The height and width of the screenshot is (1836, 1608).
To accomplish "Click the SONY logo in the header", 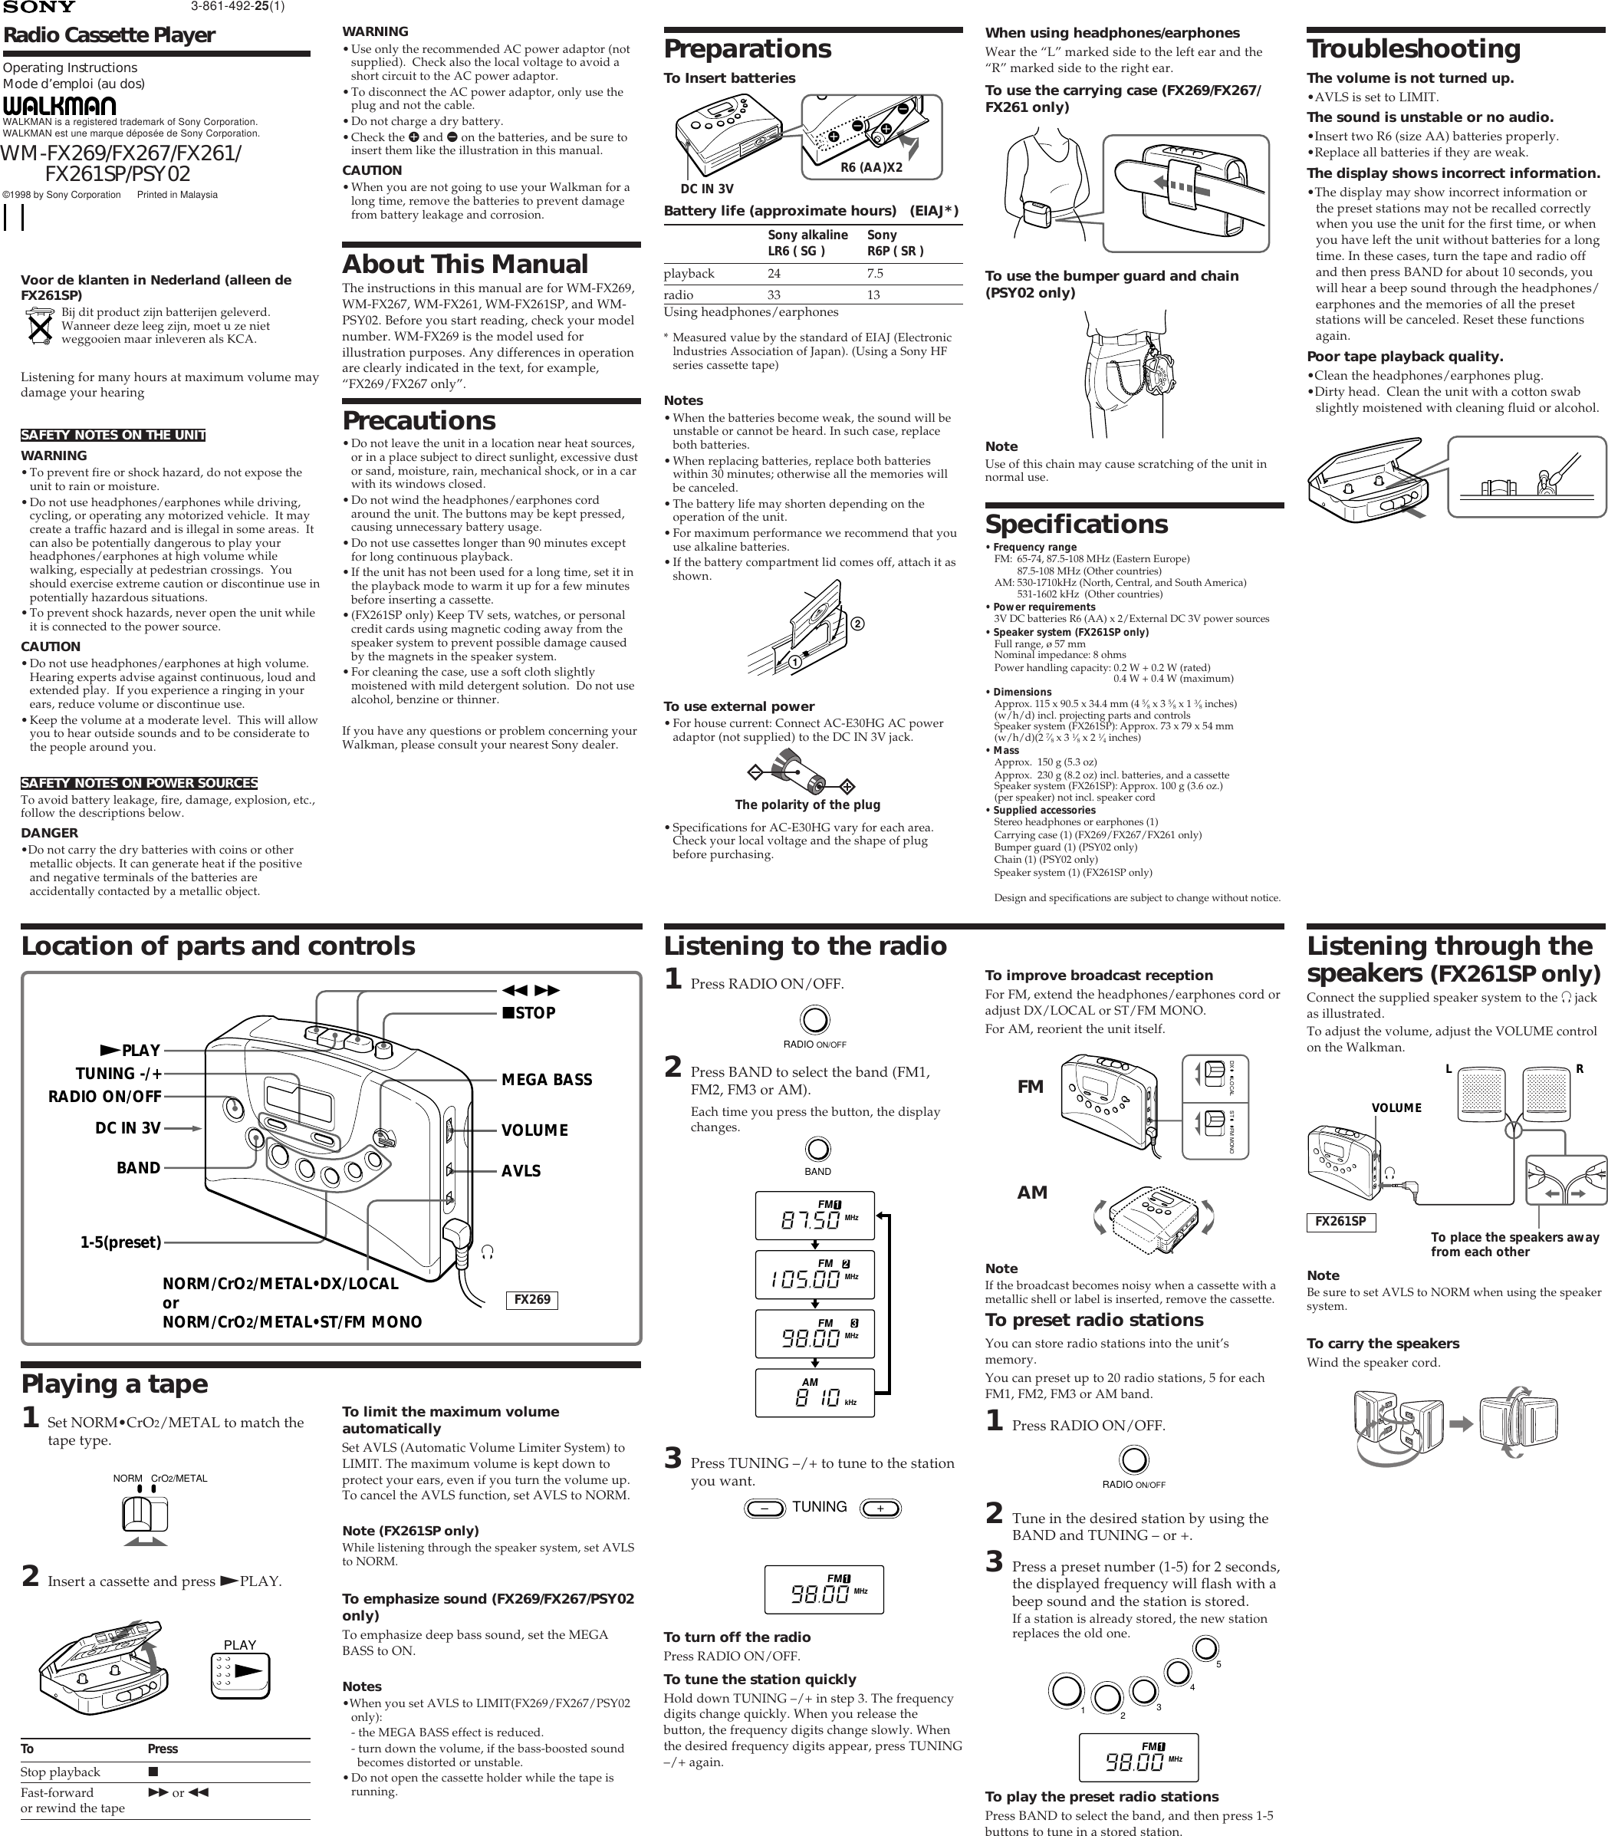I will coord(38,7).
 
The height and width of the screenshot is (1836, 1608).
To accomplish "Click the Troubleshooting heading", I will coord(1413,48).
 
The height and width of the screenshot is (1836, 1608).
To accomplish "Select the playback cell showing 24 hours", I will coord(774,274).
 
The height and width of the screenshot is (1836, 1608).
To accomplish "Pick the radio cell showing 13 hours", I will coord(873,295).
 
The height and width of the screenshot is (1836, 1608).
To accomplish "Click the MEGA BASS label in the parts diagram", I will coord(547,1081).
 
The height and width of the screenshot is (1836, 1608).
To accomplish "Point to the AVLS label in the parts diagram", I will coord(521,1171).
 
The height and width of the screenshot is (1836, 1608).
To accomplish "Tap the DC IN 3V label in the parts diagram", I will coord(127,1129).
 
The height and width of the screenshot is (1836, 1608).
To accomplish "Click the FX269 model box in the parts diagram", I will coord(532,1299).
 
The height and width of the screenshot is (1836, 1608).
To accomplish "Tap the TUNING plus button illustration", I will coord(880,1509).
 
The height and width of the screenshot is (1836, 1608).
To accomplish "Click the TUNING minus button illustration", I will coord(765,1509).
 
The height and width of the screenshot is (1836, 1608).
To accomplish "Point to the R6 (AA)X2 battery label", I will coord(870,167).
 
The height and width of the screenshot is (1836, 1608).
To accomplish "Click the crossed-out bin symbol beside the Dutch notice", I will coord(39,326).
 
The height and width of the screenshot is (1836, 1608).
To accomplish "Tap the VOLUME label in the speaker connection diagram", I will coord(1396,1107).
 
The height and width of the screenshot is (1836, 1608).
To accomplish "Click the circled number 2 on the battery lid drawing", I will coord(858,624).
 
